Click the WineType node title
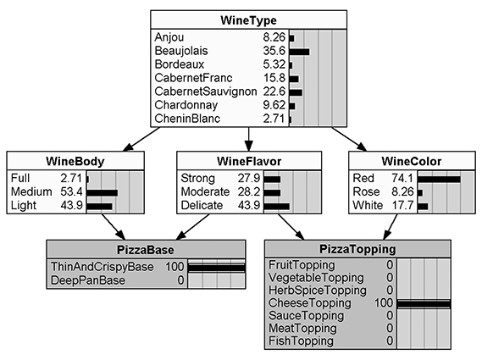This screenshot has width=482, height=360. pyautogui.click(x=248, y=19)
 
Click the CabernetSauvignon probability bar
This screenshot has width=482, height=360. pyautogui.click(x=296, y=92)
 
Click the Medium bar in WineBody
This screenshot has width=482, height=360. pyautogui.click(x=102, y=192)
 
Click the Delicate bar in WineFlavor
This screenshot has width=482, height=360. pyautogui.click(x=276, y=206)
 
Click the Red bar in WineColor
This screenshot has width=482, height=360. pyautogui.click(x=439, y=179)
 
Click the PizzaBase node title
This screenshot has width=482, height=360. pyautogui.click(x=147, y=249)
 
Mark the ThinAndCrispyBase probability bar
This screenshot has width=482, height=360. pyautogui.click(x=216, y=267)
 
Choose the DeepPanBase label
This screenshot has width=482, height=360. pyautogui.click(x=89, y=280)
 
